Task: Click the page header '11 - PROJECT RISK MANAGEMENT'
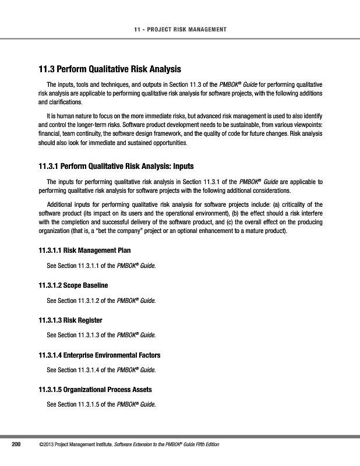click(x=180, y=29)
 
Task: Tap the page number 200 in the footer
click(x=17, y=446)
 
